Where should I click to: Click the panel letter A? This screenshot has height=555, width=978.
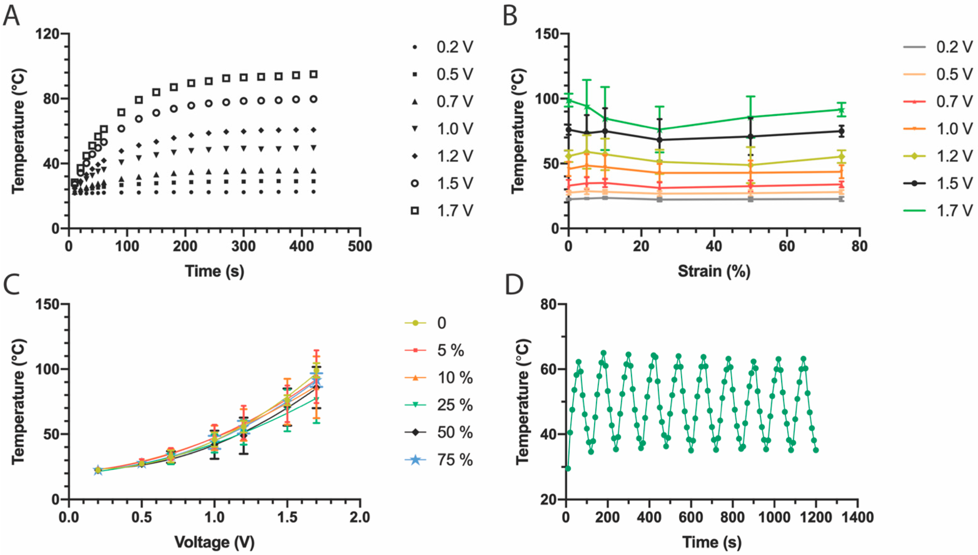pos(11,16)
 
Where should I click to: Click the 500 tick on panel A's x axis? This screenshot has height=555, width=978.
pos(360,247)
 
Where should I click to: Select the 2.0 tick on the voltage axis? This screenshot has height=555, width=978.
pos(360,518)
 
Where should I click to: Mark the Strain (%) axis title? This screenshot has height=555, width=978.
pos(714,271)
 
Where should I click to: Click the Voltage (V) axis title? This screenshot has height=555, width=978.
pos(214,542)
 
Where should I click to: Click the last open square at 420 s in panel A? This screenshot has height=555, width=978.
pos(313,74)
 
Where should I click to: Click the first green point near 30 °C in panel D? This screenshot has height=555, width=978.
pos(568,468)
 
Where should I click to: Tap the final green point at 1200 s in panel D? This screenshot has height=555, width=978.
pos(816,450)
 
